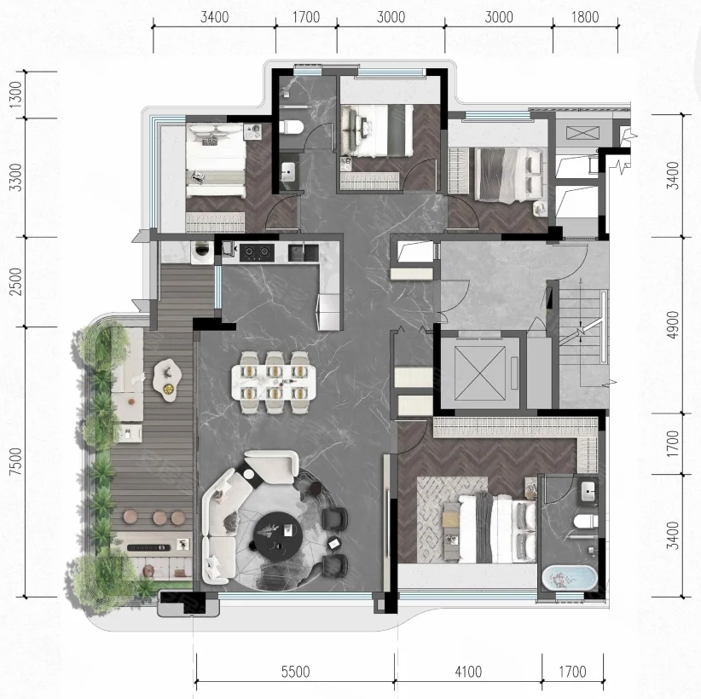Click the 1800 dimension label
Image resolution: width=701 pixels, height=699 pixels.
pos(585,17)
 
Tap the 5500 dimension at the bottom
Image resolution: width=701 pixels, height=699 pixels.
pos(295,671)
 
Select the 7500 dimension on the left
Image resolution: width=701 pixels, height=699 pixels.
pos(15,461)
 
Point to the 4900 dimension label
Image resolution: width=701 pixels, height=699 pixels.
pos(672,325)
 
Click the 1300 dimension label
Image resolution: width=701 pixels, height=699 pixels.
pos(15,95)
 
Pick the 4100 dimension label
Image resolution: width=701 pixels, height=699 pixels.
pos(468,671)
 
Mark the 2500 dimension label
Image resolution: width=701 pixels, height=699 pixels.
pos(15,281)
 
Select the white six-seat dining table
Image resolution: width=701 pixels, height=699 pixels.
pos(274,383)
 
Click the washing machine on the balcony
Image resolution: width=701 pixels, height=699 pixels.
pos(202,253)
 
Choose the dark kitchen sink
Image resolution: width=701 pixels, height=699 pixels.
pos(303,252)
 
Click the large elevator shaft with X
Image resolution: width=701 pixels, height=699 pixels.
pos(480,373)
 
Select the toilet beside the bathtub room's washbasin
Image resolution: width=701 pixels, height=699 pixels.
pos(586,521)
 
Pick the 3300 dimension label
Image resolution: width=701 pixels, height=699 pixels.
pos(15,177)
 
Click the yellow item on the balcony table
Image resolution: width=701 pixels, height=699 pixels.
pos(168,389)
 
